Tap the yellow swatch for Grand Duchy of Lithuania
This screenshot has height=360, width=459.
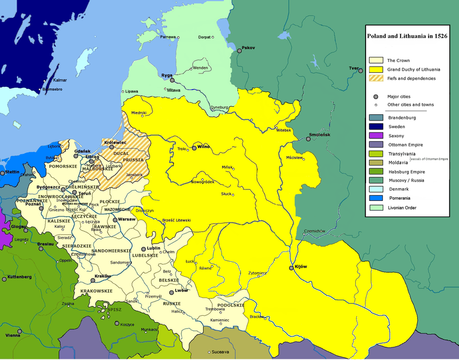(376, 69)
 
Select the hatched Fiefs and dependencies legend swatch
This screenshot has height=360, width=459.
(376, 79)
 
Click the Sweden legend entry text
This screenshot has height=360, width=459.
(396, 126)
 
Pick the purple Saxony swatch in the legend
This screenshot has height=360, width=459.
(376, 136)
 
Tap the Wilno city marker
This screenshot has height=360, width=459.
(194, 147)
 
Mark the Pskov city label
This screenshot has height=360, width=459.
(248, 47)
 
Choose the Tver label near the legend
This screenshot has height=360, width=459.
(353, 68)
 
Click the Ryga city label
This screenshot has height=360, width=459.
(167, 75)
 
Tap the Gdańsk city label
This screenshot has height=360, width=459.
(83, 150)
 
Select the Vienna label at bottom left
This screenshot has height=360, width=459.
(13, 335)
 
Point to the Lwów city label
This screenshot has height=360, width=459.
(181, 291)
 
